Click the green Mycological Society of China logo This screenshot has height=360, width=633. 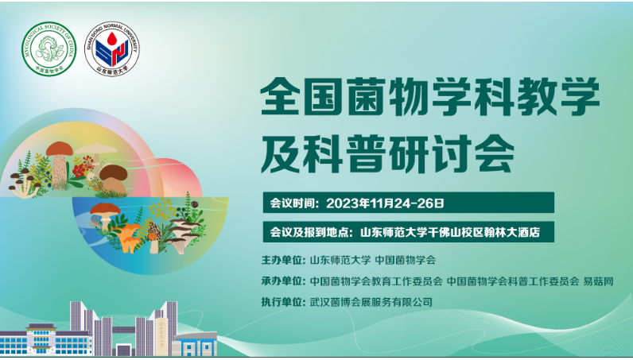point(49,48)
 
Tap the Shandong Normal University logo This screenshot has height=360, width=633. point(112,48)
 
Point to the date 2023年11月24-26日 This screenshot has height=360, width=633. point(385,203)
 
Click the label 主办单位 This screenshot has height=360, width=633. point(282,261)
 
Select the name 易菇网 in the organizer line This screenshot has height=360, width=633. point(598,281)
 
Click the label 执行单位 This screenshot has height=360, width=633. point(282,302)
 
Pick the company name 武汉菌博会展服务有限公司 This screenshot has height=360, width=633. point(371,302)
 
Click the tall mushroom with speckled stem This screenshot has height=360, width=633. point(60,164)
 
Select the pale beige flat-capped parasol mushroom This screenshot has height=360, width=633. point(96,150)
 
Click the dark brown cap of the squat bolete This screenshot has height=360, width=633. point(114,172)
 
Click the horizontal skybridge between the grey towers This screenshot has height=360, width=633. point(123,330)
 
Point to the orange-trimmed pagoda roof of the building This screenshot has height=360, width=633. point(41,327)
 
